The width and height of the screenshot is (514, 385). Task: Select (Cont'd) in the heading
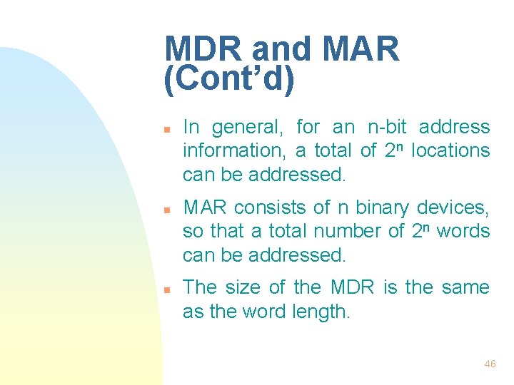(229, 81)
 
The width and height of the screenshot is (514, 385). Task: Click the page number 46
(490, 364)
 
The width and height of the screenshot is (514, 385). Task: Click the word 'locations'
(451, 151)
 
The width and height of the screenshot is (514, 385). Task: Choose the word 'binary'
(386, 208)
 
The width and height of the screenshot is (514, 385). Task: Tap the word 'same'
(466, 288)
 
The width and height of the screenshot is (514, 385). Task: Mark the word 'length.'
(321, 312)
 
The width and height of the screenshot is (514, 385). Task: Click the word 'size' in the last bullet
(243, 288)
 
